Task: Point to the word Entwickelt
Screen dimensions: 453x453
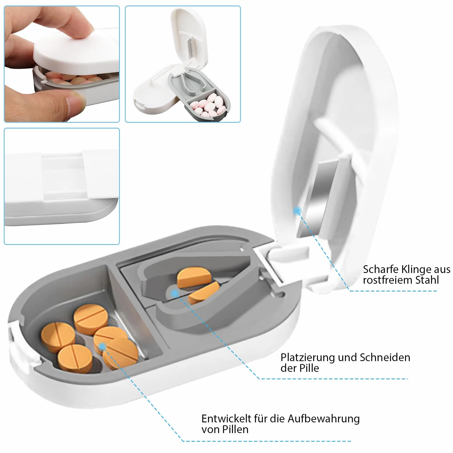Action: (226, 419)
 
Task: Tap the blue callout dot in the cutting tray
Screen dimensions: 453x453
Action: (174, 294)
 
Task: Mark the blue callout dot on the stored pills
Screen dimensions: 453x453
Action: (102, 346)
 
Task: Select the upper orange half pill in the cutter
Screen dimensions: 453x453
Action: (195, 278)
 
